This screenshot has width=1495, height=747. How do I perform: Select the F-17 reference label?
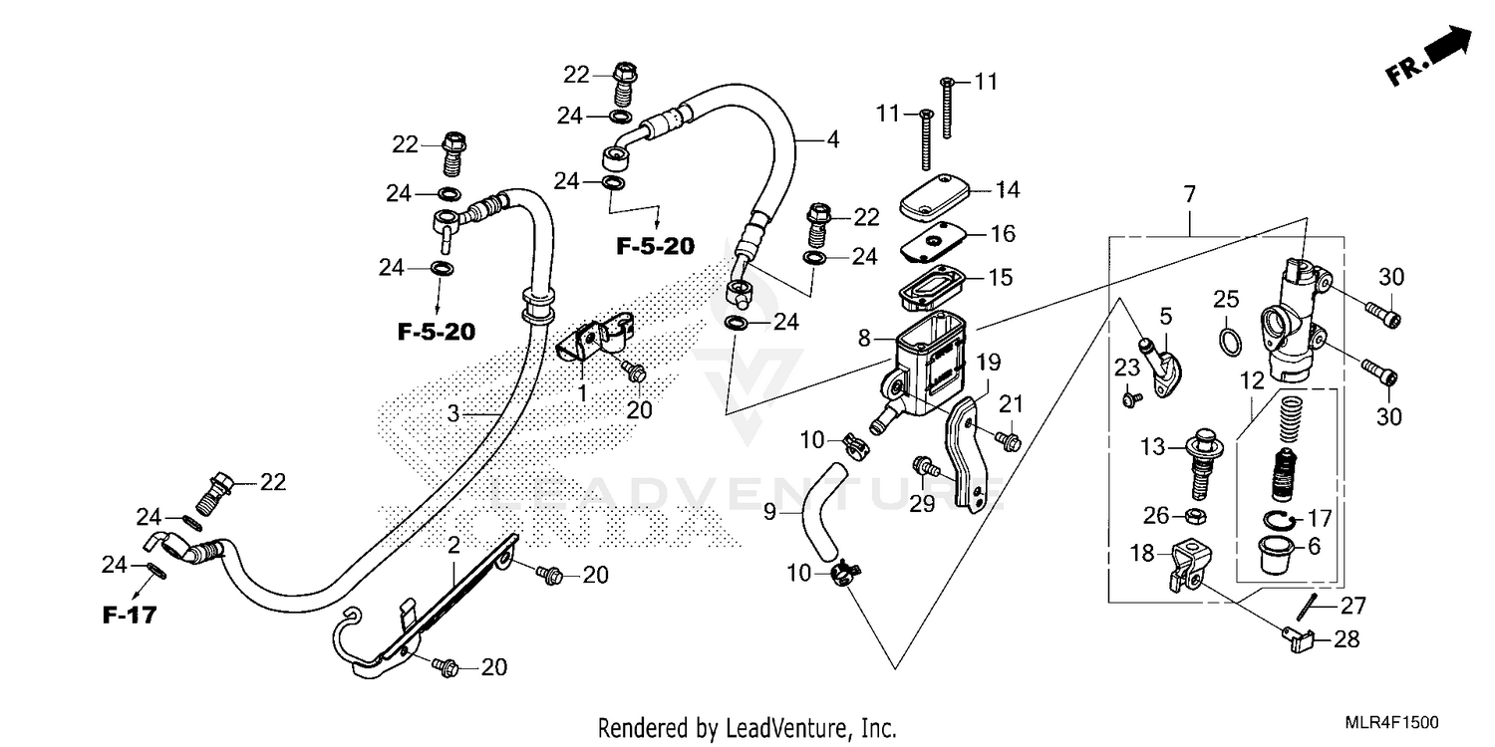[x=130, y=616]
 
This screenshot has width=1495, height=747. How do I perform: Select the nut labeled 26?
[x=1192, y=516]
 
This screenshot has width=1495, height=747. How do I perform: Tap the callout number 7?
[x=1188, y=191]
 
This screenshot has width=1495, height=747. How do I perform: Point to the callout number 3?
[x=452, y=413]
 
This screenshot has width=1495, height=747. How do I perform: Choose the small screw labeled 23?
[x=1130, y=398]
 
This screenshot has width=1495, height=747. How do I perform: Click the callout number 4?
[x=832, y=140]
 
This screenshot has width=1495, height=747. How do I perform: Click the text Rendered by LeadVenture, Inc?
[x=747, y=727]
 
